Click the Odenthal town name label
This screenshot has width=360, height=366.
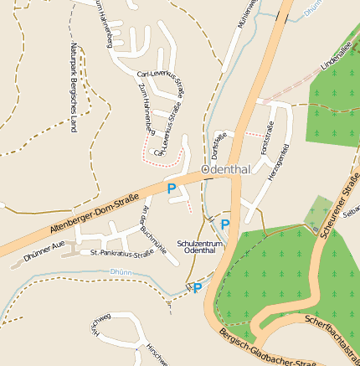click(229, 169)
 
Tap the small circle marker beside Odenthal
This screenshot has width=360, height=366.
click(205, 169)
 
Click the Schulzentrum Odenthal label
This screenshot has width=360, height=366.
click(201, 246)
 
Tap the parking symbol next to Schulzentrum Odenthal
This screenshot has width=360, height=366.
click(224, 224)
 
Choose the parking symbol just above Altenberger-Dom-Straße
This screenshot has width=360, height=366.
click(172, 189)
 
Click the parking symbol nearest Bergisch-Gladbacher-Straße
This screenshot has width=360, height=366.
click(198, 288)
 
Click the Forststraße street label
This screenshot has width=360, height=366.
click(267, 138)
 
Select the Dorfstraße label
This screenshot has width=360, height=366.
click(219, 142)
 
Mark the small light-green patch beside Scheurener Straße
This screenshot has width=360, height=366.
click(316, 214)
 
